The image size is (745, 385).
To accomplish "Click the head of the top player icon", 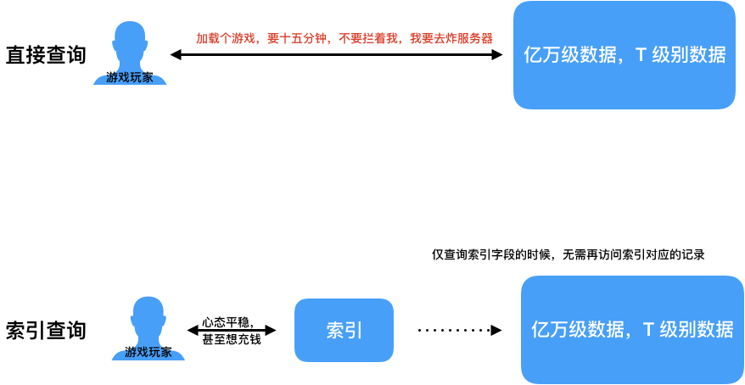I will (x=130, y=39).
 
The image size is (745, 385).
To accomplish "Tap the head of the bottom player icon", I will (x=148, y=314).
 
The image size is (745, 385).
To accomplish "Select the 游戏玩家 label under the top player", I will (x=130, y=78).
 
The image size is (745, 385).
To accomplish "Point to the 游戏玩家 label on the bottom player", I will (x=148, y=353).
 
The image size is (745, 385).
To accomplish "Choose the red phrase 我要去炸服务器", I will (x=451, y=39).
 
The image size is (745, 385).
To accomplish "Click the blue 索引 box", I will (x=344, y=331).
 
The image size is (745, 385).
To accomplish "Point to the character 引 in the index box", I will (x=354, y=331).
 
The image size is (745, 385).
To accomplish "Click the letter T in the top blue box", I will (x=641, y=55).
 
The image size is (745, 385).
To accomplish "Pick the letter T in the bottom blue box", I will (x=648, y=330).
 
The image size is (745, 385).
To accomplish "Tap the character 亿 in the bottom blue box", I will (x=541, y=330).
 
